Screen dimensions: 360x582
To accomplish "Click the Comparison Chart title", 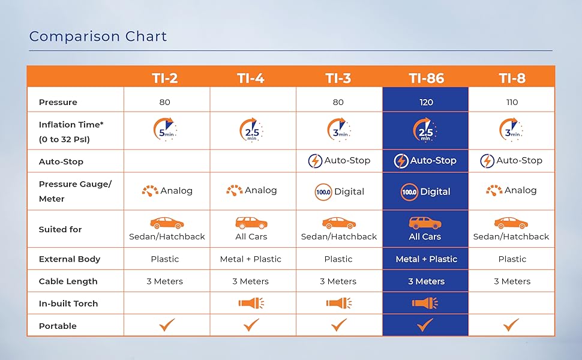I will coord(98,36).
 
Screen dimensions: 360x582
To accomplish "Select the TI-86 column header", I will coord(425,77).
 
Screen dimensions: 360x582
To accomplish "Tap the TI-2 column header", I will coord(164,77).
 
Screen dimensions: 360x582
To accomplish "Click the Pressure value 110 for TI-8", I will coord(512,102).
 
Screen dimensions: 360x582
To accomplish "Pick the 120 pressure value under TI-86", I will coord(425,102).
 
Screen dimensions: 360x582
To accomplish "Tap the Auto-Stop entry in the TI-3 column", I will coord(339,161).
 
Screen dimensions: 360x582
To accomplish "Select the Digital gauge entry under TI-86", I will coord(425,192).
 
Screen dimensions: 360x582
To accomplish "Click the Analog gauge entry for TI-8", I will coord(512,190).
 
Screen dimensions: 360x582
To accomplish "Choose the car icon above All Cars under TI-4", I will coord(251,223).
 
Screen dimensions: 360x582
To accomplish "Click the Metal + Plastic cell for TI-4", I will coord(251,259).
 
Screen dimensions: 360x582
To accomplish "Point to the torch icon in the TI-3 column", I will coord(338,304).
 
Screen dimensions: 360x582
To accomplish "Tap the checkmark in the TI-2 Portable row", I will coord(166,325).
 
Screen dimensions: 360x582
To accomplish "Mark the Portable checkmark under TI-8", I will coord(511,325).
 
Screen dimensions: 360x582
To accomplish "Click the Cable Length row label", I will coord(68,281).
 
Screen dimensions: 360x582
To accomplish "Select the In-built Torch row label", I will coord(68,304).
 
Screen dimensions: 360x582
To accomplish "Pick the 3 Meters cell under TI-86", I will coord(426,281).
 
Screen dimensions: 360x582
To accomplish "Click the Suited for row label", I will coord(60,229).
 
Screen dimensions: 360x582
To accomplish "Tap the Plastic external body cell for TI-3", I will coord(338,259).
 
